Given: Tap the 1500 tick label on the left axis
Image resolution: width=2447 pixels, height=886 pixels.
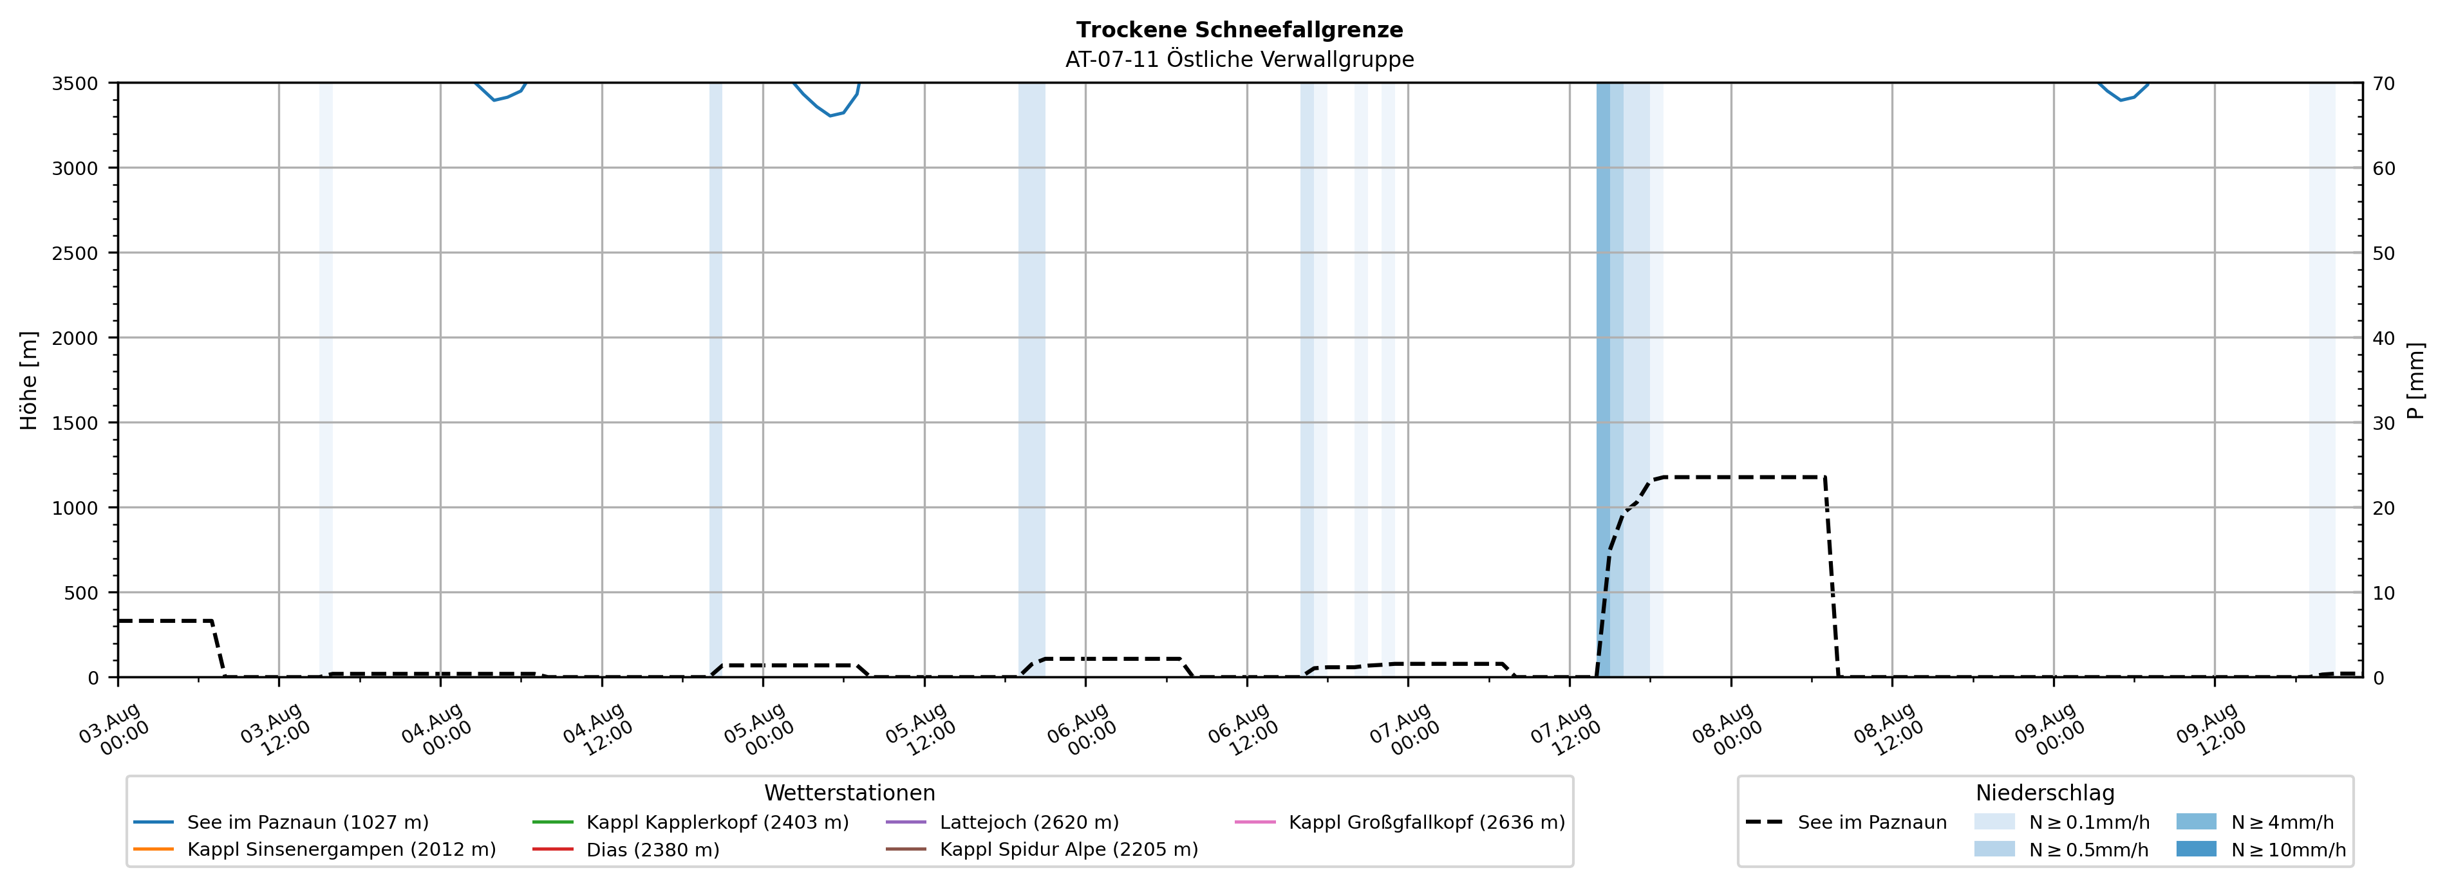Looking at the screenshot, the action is coord(75,423).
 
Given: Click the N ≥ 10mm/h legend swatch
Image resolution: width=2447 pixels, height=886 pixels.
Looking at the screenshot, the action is coord(2196,849).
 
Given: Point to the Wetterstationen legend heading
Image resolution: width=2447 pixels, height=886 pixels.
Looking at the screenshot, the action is coord(849,793).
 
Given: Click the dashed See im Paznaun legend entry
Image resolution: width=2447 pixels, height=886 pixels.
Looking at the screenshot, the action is coord(1846,822).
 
